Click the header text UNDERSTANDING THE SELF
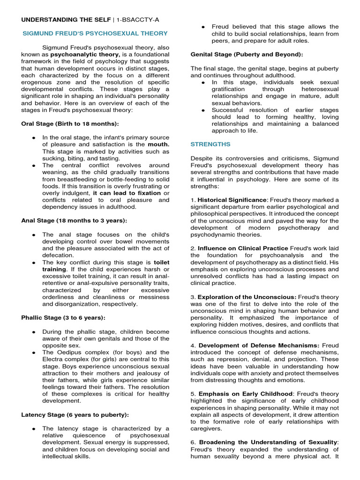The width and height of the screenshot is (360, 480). pos(61,19)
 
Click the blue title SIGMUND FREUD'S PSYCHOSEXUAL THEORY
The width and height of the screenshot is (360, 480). pos(95,33)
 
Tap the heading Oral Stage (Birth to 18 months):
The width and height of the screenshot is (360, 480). pos(70,124)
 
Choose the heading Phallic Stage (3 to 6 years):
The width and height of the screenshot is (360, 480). pos(63,317)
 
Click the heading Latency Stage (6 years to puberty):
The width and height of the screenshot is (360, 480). pos(75,414)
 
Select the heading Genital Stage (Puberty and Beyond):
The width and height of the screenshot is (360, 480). pos(247,54)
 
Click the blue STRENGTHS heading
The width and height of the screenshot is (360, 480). pos(210,144)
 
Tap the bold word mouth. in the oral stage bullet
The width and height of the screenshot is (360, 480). pos(159,144)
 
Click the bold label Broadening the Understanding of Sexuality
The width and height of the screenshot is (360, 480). pos(268,442)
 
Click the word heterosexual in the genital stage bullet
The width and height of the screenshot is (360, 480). pos(322,89)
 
